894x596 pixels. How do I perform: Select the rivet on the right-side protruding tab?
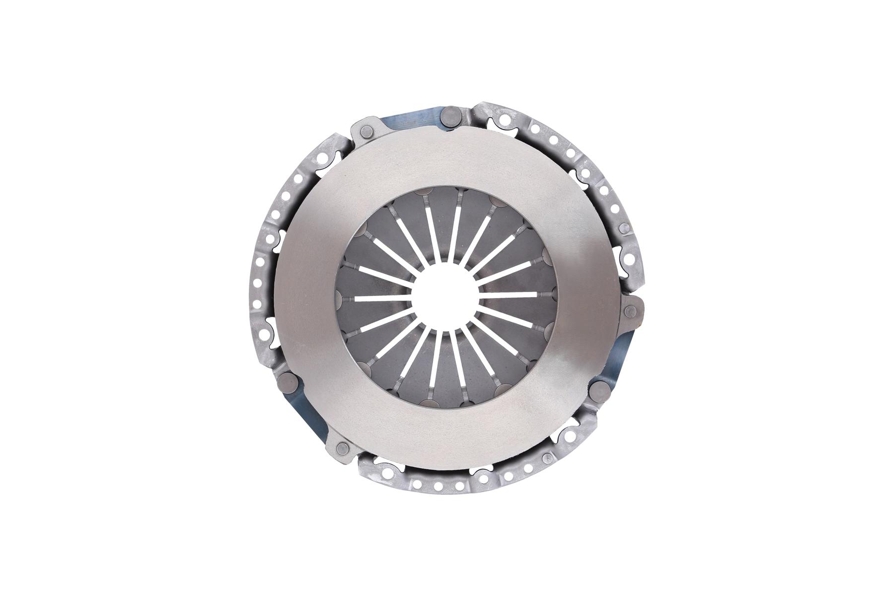pos(631,311)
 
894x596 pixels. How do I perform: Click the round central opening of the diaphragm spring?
pos(446,298)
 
